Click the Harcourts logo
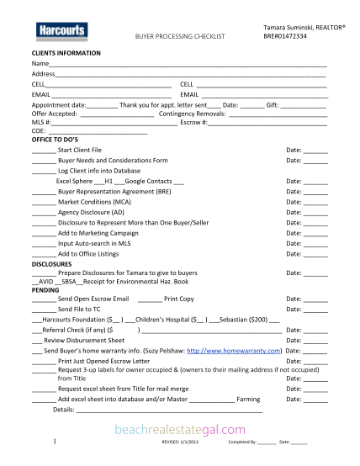click(61, 31)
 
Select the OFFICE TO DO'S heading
click(56, 140)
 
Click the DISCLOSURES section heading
click(51, 263)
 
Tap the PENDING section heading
click(45, 289)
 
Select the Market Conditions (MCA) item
click(94, 202)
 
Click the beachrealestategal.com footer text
click(180, 428)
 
